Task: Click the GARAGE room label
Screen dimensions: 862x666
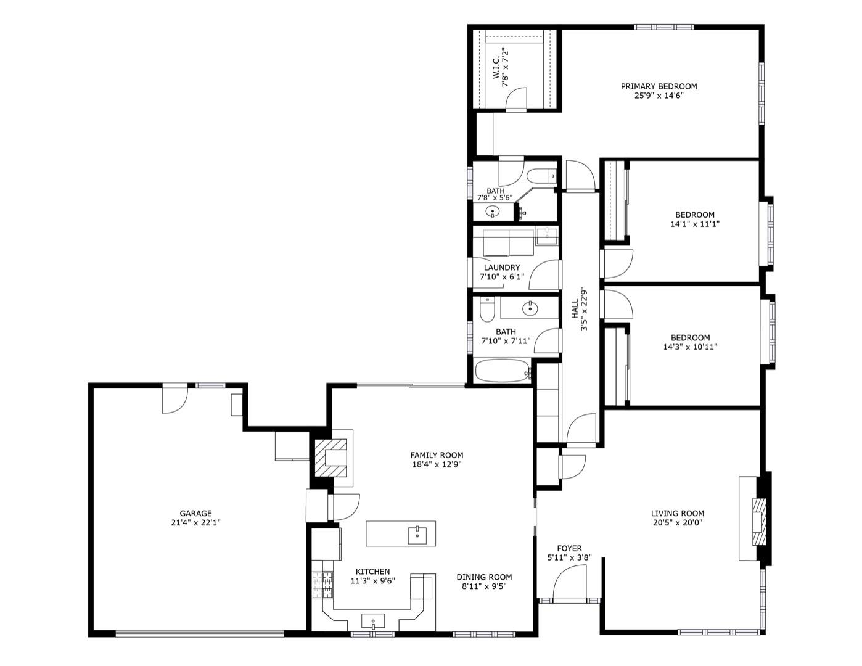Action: (195, 513)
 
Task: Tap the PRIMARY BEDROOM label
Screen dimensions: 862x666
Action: (659, 86)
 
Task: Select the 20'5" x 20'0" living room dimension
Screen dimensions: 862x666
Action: (677, 522)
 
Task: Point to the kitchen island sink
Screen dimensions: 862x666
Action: (417, 535)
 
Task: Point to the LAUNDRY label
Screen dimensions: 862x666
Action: (502, 268)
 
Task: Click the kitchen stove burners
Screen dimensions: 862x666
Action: (322, 585)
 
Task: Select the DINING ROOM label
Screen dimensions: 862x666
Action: (484, 577)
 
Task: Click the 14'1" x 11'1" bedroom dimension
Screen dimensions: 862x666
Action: (695, 224)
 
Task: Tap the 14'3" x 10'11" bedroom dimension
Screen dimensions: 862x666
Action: (690, 347)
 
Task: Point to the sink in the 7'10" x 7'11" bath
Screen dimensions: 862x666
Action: (530, 308)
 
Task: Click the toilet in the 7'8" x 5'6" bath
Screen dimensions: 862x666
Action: (541, 176)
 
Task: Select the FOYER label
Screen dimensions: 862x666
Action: (569, 549)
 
